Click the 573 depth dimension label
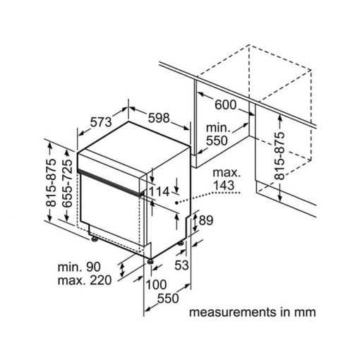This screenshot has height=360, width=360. [101, 122]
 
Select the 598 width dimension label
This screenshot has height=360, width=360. [159, 118]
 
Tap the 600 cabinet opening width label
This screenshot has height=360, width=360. [225, 104]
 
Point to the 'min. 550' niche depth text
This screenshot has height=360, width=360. [217, 134]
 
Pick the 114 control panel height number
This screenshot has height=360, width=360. [160, 191]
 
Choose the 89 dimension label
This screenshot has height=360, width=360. [206, 220]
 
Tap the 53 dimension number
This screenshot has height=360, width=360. [181, 265]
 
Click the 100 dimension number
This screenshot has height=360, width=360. [156, 284]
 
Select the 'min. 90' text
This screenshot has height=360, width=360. [79, 267]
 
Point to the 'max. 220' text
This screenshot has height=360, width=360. [85, 280]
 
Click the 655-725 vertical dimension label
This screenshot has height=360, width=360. [67, 184]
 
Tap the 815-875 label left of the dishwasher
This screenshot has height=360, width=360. [51, 183]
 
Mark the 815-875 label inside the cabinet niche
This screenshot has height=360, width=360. [280, 156]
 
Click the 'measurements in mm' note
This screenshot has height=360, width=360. [253, 312]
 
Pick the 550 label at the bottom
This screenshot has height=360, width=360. [168, 299]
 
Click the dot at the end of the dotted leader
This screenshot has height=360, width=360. [176, 203]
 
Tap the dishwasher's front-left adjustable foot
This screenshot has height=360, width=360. [95, 239]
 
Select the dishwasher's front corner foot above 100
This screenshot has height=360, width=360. [150, 261]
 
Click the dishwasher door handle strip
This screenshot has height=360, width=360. [111, 182]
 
